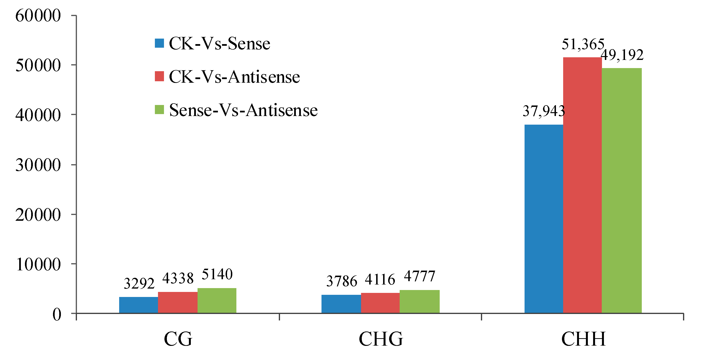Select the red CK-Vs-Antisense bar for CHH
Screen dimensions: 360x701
(x=582, y=185)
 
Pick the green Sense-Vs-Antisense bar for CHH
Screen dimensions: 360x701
(x=622, y=191)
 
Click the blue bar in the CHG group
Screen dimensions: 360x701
(x=341, y=304)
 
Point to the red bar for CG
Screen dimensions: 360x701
(x=177, y=302)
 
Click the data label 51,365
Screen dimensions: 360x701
(x=583, y=44)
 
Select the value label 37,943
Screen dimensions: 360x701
(x=543, y=111)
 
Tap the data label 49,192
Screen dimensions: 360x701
(x=622, y=55)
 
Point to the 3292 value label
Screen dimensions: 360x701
(x=139, y=284)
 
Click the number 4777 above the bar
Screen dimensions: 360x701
(x=419, y=276)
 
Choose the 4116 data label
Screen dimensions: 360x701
(x=380, y=280)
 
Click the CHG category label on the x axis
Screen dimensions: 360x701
(x=380, y=339)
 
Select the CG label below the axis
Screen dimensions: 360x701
(x=178, y=339)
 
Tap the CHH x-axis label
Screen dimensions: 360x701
(x=584, y=339)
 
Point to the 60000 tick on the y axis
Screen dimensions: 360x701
(x=38, y=16)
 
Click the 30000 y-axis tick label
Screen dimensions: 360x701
(x=38, y=165)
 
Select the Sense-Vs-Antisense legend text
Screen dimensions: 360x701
(x=243, y=110)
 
